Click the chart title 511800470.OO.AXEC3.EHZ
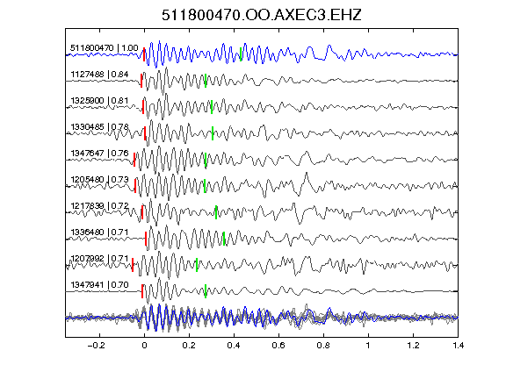tap(262, 15)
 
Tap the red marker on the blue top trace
tap(144, 54)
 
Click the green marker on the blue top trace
tap(241, 54)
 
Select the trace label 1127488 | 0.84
tap(100, 75)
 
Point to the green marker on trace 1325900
tap(212, 107)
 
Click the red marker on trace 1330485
tap(145, 133)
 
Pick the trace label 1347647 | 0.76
tap(100, 153)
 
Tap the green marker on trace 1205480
tap(205, 186)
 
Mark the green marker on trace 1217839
tap(216, 212)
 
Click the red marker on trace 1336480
tap(146, 239)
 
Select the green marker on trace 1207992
tap(197, 265)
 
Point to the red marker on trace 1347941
tap(142, 291)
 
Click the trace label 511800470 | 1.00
tap(105, 48)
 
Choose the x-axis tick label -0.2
tap(96, 346)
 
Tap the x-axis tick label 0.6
tap(278, 346)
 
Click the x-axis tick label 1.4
tap(459, 346)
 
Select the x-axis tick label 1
tap(368, 346)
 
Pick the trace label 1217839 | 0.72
tap(100, 205)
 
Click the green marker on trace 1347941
tap(206, 291)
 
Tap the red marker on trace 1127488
tap(141, 81)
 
